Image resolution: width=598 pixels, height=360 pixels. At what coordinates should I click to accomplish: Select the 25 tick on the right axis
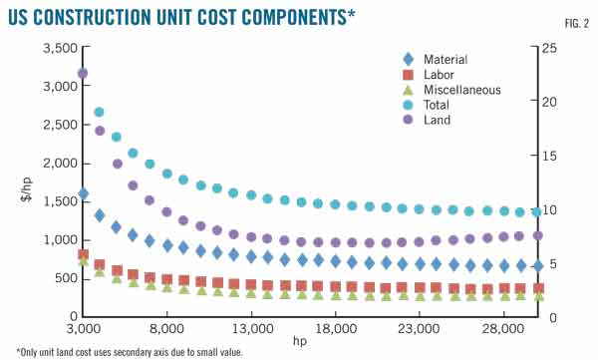562,48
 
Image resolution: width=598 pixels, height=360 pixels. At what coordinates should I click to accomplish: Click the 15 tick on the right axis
562,156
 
